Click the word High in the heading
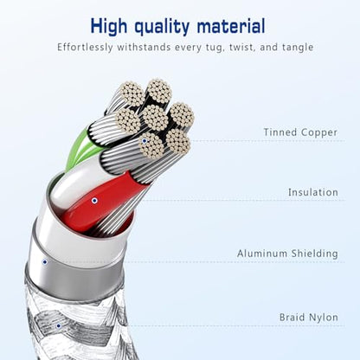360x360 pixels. [x=109, y=27]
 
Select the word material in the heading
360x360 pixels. [x=231, y=26]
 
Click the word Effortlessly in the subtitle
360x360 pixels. [x=85, y=48]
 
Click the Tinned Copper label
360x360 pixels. [x=300, y=132]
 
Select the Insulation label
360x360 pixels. [x=313, y=192]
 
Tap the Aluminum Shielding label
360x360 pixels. [x=287, y=254]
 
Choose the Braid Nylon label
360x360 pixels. [x=309, y=318]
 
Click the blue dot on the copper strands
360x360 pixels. [x=145, y=141]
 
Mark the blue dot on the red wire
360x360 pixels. [x=94, y=201]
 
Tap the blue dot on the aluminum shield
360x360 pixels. [x=45, y=262]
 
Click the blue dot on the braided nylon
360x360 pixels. [x=59, y=326]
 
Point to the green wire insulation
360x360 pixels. [x=74, y=150]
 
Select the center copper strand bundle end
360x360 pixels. [x=155, y=118]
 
